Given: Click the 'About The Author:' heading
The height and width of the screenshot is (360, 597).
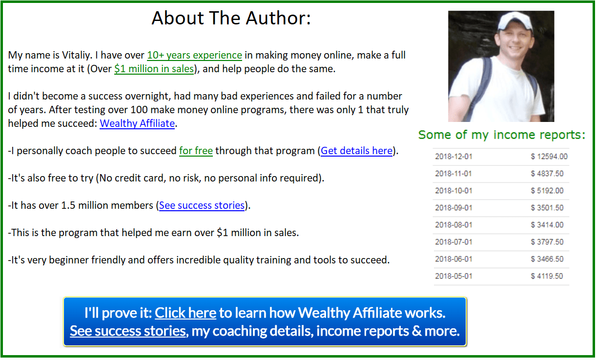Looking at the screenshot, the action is point(231,18).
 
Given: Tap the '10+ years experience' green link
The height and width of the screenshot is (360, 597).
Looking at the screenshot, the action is point(195,55).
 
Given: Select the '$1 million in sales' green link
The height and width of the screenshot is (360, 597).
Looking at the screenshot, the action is point(154,69).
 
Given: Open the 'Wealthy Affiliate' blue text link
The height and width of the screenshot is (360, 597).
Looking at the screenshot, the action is point(137,123).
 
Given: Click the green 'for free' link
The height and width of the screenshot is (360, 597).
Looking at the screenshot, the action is point(196,151).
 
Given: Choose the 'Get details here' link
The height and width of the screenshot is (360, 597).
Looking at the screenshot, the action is point(357,151).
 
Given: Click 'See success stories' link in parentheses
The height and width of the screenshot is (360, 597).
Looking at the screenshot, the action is point(202,205).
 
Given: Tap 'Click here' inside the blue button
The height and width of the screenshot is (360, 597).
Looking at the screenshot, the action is point(185,313).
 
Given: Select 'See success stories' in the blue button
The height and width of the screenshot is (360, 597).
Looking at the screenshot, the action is point(128,331).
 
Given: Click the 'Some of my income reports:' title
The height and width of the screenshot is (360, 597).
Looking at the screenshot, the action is point(502,135).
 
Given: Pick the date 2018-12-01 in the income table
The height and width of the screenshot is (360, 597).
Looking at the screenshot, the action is point(453,156).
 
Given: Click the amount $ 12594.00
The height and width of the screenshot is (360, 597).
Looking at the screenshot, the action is point(549,156).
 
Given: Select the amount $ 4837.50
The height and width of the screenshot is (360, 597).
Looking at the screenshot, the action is point(547,174).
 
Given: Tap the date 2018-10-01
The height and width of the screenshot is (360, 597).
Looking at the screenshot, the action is point(453,191).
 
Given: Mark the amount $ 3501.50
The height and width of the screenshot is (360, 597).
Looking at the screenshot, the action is point(547,208).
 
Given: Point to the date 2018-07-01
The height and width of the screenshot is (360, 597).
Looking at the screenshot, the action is point(453,242).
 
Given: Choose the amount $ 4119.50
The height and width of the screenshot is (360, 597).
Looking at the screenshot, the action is point(547,276).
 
